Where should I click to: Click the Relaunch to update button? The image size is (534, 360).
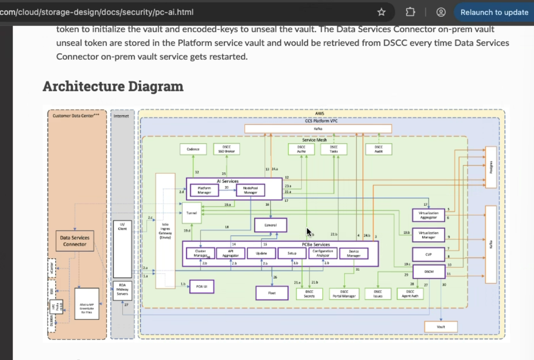coord(494,13)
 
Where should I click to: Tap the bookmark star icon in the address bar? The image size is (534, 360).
coord(381,12)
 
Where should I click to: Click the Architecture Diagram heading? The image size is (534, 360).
coord(113,86)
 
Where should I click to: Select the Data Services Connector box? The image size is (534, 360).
coord(75,241)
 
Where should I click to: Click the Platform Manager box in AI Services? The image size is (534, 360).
coord(204,190)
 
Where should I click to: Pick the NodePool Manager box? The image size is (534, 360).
coord(250,190)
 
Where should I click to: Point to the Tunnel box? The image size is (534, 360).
coord(192,213)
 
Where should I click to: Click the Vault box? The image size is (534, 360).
coord(441,327)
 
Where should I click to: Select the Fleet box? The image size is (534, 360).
coord(272,293)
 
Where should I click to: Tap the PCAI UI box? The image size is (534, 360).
coord(202,287)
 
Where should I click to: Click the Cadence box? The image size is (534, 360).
coord(193,149)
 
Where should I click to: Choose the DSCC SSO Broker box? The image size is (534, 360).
coord(226,149)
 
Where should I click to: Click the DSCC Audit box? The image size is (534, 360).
coord(378,149)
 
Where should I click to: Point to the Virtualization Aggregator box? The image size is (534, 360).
coord(428,215)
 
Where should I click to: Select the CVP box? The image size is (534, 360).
coord(428,255)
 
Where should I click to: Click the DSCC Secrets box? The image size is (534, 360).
coord(309,294)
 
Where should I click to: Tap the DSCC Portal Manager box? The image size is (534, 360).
coord(344,294)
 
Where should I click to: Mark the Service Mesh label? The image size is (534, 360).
coord(314,140)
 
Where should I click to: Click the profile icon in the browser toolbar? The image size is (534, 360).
coord(441,12)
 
